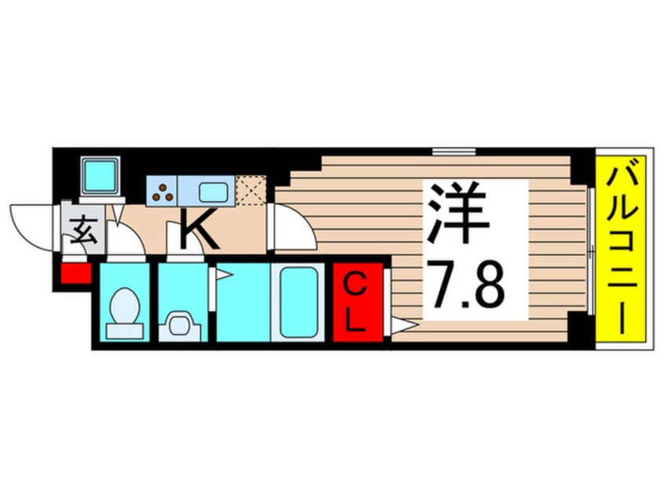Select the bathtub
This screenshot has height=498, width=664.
coord(297,302)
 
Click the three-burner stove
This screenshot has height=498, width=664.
coord(163,190)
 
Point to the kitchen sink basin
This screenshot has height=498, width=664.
coord(211,191)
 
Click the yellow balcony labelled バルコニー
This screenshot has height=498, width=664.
coord(621,248)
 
